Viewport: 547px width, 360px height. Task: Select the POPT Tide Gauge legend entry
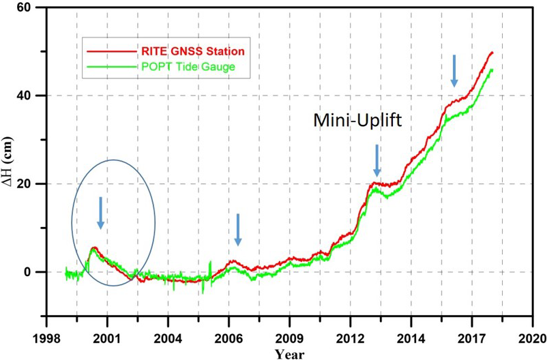click(x=188, y=66)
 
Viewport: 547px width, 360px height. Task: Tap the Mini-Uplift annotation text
click(x=358, y=121)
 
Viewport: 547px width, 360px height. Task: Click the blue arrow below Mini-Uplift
click(x=376, y=160)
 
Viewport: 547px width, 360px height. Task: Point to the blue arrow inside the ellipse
click(x=100, y=213)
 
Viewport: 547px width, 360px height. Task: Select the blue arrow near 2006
click(x=238, y=230)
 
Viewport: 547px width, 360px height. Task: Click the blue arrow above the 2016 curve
click(x=454, y=71)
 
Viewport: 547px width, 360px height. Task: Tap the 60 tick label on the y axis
click(x=30, y=7)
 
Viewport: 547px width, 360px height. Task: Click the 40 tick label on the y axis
click(x=30, y=95)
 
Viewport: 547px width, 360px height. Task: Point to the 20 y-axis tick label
click(x=30, y=183)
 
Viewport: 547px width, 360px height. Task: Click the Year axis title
click(x=289, y=353)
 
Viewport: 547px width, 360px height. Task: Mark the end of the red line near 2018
click(x=492, y=52)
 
